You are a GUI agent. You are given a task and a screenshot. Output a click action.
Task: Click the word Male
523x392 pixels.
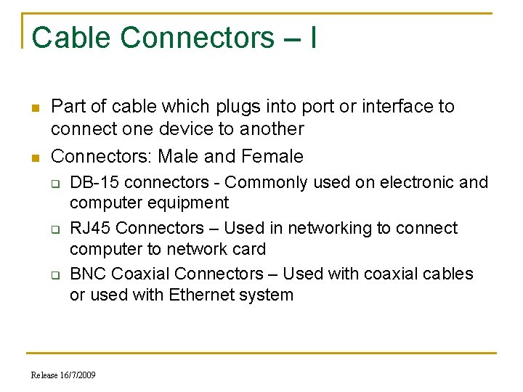(179, 156)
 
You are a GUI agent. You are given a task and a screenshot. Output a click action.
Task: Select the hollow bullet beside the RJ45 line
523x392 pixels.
(55, 229)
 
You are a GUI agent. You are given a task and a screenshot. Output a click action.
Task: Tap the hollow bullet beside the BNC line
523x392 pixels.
(55, 274)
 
